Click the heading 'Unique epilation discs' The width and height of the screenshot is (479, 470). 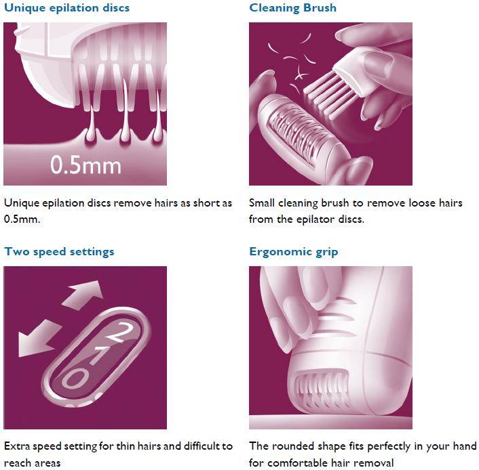(x=67, y=8)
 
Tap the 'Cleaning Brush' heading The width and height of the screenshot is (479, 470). (x=292, y=8)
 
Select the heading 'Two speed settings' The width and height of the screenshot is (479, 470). (x=59, y=252)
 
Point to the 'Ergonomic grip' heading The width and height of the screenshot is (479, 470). (x=294, y=252)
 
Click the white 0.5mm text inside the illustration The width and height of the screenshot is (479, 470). (x=86, y=165)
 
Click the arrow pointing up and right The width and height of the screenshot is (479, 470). (x=83, y=295)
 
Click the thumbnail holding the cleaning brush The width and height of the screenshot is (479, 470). (x=378, y=60)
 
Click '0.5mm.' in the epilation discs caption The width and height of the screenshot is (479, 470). (x=22, y=219)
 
